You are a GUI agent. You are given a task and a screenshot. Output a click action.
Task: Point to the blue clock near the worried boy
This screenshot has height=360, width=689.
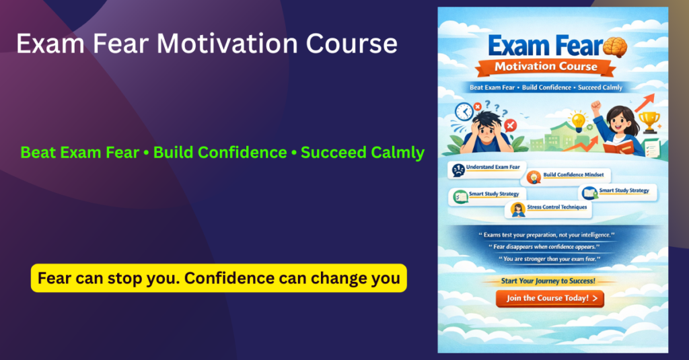pyautogui.click(x=464, y=112)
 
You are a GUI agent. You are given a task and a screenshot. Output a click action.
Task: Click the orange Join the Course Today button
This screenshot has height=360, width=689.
pyautogui.click(x=550, y=298)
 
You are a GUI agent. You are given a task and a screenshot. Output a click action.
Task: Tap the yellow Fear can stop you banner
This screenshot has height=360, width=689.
pyautogui.click(x=219, y=278)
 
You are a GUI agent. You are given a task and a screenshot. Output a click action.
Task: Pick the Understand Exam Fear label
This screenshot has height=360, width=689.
pyautogui.click(x=488, y=168)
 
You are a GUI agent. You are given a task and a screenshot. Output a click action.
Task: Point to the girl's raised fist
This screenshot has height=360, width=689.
pyautogui.click(x=595, y=106)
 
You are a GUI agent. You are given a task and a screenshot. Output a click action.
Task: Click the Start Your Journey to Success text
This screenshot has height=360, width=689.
pyautogui.click(x=548, y=281)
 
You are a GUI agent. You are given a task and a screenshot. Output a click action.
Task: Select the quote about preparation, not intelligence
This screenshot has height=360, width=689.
pyautogui.click(x=548, y=234)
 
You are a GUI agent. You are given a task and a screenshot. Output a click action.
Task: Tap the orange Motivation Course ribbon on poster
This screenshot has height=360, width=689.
pyautogui.click(x=546, y=67)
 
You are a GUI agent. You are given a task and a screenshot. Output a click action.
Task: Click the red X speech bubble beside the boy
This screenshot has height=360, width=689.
pyautogui.click(x=510, y=124)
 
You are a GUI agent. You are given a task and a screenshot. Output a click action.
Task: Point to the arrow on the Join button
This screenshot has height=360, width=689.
pyautogui.click(x=594, y=298)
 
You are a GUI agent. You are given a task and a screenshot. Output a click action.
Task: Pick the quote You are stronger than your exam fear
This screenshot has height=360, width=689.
pyautogui.click(x=548, y=259)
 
